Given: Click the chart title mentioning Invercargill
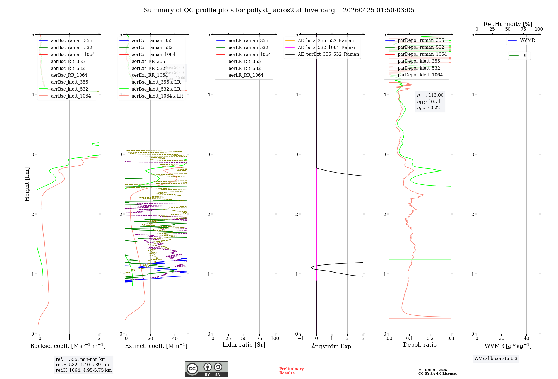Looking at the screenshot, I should pyautogui.click(x=279, y=10).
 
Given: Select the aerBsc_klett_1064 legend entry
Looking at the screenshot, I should pyautogui.click(x=71, y=96).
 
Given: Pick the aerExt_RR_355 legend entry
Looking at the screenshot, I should pyautogui.click(x=148, y=61).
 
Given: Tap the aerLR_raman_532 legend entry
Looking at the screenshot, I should pyautogui.click(x=248, y=48).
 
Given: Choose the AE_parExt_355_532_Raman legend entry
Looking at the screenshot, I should pyautogui.click(x=328, y=54).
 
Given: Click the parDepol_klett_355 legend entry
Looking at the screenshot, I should pyautogui.click(x=419, y=61).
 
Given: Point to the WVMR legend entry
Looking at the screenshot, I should pyautogui.click(x=527, y=40).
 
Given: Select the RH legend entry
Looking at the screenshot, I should pyautogui.click(x=525, y=55).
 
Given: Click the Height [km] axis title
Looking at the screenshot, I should pyautogui.click(x=27, y=184).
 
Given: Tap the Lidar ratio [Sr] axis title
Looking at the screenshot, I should pyautogui.click(x=244, y=345).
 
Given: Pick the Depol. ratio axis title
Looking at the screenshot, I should pyautogui.click(x=420, y=345).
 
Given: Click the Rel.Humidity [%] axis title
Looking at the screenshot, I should pyautogui.click(x=508, y=24).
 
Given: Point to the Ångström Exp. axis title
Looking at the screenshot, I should pyautogui.click(x=332, y=346).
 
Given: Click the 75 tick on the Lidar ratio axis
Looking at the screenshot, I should pyautogui.click(x=259, y=338).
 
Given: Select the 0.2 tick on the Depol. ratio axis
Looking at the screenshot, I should pyautogui.click(x=430, y=338).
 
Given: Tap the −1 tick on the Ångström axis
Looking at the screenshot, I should pyautogui.click(x=300, y=338).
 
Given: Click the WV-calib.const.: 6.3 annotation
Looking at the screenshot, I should pyautogui.click(x=496, y=359).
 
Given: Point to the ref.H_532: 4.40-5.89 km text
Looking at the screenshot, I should pyautogui.click(x=82, y=365).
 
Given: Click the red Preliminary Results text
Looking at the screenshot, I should pyautogui.click(x=291, y=371).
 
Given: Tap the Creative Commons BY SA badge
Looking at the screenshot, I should pyautogui.click(x=206, y=369).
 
